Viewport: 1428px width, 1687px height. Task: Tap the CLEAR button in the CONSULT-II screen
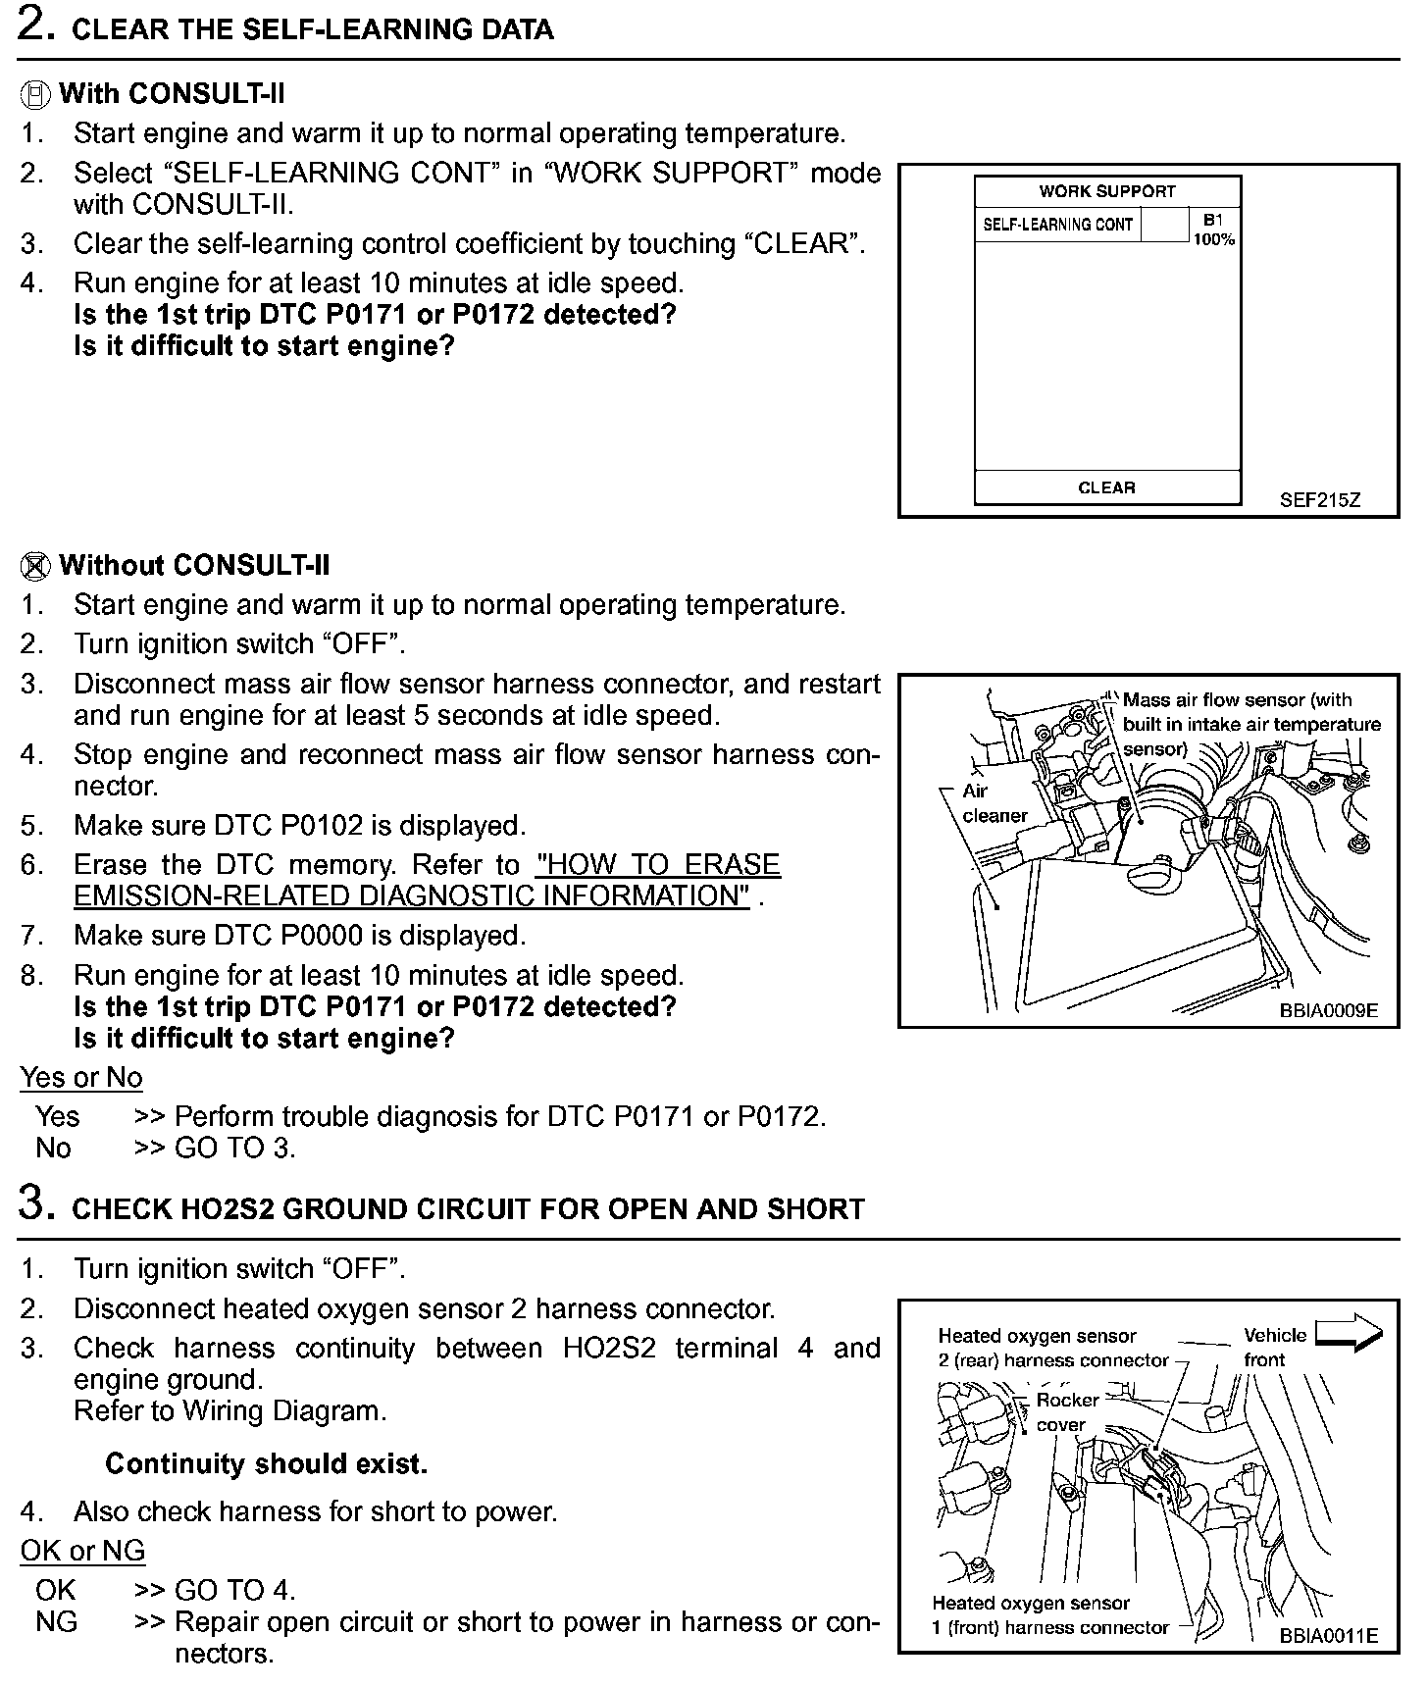(x=1106, y=487)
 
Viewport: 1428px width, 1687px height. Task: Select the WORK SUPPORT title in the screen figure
(x=1106, y=191)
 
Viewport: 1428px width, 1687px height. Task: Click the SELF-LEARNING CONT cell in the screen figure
(x=1057, y=225)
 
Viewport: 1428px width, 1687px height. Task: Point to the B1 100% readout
(x=1213, y=230)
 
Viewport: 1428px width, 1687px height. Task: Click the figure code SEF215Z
(x=1319, y=500)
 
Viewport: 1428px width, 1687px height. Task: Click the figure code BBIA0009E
(x=1328, y=1010)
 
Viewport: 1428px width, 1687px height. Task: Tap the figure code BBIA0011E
(x=1328, y=1635)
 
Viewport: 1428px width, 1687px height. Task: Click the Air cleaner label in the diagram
(x=994, y=803)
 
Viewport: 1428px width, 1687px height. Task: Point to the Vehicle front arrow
(x=1348, y=1335)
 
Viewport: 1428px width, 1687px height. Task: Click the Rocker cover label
(x=1066, y=1412)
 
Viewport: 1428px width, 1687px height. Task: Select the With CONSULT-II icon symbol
(x=35, y=95)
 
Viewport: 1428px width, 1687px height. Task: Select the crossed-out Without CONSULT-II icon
(x=35, y=566)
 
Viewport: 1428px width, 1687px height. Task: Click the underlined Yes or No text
(x=81, y=1077)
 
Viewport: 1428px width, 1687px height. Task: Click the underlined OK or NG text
(x=82, y=1551)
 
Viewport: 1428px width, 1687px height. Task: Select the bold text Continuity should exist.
(x=266, y=1464)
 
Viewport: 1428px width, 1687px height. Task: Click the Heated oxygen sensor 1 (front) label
(x=1049, y=1615)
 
